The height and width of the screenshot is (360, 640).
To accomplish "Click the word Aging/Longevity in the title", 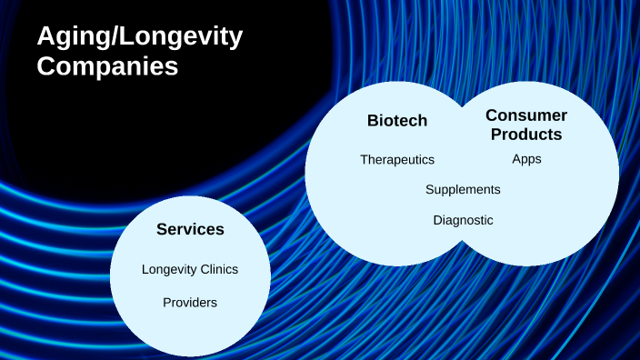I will click(139, 37).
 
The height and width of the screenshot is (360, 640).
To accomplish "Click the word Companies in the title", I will click(106, 66).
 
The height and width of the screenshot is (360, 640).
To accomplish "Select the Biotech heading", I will click(396, 120).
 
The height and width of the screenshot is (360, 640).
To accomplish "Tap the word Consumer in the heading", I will click(525, 115).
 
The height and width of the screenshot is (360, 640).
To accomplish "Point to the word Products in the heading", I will click(525, 135).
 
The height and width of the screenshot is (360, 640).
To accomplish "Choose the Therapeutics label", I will click(397, 159).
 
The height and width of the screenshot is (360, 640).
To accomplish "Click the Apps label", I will click(526, 159).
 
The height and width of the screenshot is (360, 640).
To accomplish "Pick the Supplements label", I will click(463, 189).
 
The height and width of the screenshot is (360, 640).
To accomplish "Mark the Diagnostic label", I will click(463, 220).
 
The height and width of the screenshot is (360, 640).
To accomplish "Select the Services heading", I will click(190, 229).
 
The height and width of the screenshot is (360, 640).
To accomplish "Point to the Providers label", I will click(190, 302).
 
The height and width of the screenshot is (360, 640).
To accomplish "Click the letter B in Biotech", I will click(373, 120).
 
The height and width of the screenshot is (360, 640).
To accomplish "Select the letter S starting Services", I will click(162, 229).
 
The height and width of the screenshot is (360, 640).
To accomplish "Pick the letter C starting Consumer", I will click(492, 115).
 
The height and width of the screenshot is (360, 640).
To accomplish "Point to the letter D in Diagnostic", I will click(437, 220).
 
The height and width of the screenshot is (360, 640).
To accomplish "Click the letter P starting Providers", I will click(166, 302).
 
